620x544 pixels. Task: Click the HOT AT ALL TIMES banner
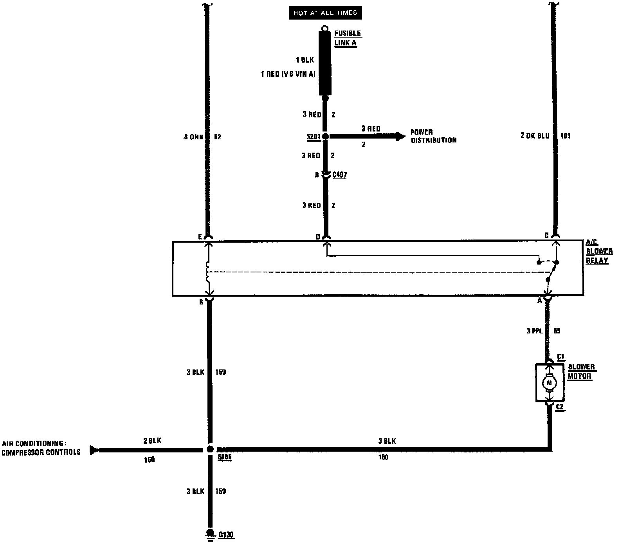pyautogui.click(x=325, y=13)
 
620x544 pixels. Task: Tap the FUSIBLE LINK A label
pyautogui.click(x=347, y=38)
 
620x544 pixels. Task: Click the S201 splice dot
pyautogui.click(x=325, y=136)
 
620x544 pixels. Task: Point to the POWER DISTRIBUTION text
pyautogui.click(x=433, y=136)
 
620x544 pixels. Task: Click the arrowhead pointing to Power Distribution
pyautogui.click(x=401, y=136)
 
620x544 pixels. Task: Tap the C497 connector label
pyautogui.click(x=339, y=175)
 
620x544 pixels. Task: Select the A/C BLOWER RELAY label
pyautogui.click(x=599, y=252)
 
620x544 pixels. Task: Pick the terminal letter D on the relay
pyautogui.click(x=318, y=237)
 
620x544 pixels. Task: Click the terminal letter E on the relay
pyautogui.click(x=200, y=237)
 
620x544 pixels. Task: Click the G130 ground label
pyautogui.click(x=226, y=535)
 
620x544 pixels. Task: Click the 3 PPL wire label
pyautogui.click(x=534, y=331)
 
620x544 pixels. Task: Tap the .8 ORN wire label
pyautogui.click(x=193, y=137)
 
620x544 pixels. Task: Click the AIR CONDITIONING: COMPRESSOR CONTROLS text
pyautogui.click(x=41, y=448)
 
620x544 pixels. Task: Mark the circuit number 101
pyautogui.click(x=565, y=136)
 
